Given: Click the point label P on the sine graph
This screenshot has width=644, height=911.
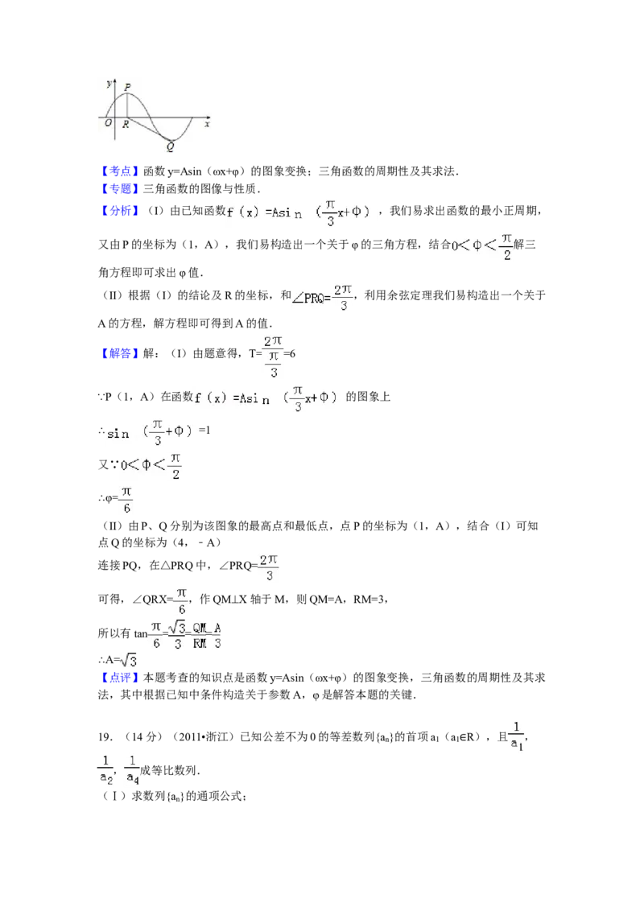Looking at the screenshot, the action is click(127, 87).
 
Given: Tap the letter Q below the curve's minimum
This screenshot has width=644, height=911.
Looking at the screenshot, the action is click(170, 146).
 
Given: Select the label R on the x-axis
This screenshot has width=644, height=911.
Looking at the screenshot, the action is click(126, 124).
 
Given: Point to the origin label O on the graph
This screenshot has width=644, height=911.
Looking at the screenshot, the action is click(108, 122).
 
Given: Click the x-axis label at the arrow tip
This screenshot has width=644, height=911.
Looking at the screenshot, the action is click(207, 124).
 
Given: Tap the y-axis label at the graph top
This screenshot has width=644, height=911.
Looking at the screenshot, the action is click(109, 83).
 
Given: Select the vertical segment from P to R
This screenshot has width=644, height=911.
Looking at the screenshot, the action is click(127, 105).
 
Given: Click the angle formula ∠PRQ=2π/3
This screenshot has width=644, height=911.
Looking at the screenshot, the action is click(322, 297).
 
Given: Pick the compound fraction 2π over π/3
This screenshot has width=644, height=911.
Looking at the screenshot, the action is click(274, 355).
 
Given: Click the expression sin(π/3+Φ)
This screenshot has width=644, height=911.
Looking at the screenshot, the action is click(154, 432).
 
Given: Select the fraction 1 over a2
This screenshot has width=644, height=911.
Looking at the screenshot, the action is click(106, 769).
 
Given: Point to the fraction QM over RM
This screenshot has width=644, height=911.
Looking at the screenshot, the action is click(200, 635).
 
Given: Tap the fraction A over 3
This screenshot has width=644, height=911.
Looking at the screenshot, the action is click(218, 635).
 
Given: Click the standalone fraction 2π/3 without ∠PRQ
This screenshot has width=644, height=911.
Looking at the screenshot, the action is click(268, 567).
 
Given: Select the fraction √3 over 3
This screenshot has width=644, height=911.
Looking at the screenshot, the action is click(179, 635).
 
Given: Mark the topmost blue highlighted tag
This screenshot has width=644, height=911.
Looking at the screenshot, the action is click(119, 171).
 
